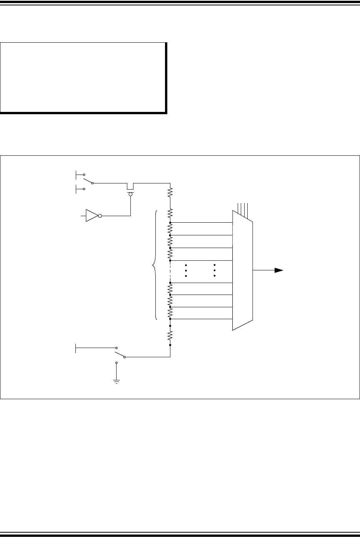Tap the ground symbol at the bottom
[x=116, y=381]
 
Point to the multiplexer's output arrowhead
[x=279, y=270]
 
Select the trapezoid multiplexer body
[x=242, y=270]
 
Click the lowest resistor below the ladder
[x=170, y=335]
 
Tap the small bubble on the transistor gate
[x=131, y=195]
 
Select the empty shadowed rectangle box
[x=83, y=77]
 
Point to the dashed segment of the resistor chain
[x=170, y=271]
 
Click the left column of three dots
[x=186, y=271]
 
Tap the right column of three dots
[x=215, y=271]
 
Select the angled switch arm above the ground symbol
[x=120, y=354]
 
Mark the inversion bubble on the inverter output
[x=100, y=216]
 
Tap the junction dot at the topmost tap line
[x=170, y=223]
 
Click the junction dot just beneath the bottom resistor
[x=170, y=345]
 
